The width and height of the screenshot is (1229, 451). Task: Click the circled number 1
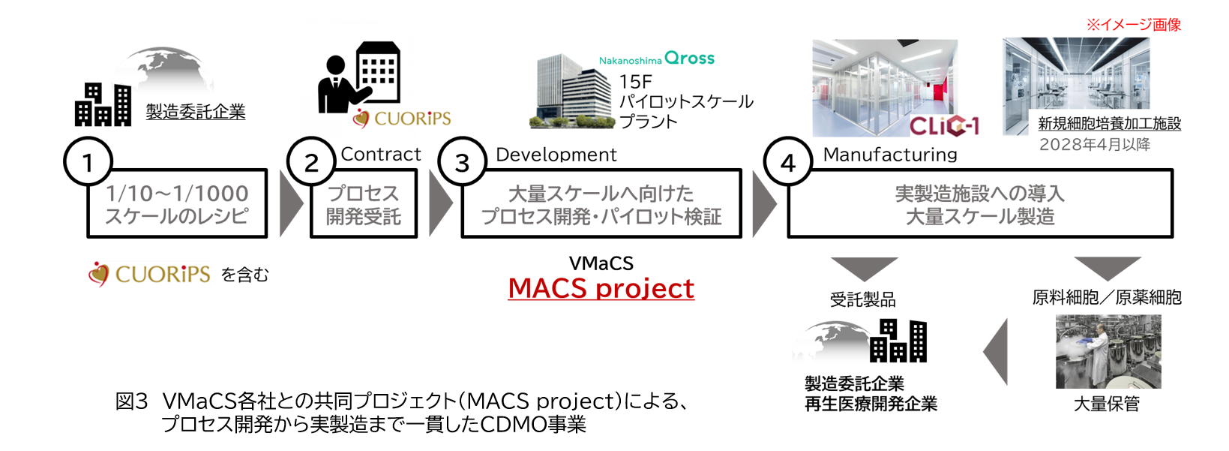click(x=88, y=161)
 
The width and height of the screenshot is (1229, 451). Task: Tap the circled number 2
click(x=311, y=161)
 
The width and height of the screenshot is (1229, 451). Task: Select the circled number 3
click(x=463, y=161)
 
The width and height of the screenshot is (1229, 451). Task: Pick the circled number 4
click(x=788, y=161)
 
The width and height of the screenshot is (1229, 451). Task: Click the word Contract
click(x=381, y=155)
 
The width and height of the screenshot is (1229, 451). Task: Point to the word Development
click(x=556, y=155)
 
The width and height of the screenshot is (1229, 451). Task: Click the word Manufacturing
click(x=890, y=155)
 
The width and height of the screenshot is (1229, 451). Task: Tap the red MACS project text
click(x=601, y=288)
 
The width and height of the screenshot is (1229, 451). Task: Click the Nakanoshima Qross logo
click(x=657, y=59)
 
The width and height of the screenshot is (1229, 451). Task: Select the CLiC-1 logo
click(x=944, y=125)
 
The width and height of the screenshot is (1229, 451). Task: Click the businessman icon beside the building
click(x=339, y=85)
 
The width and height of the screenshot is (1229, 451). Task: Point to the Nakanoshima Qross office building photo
click(x=571, y=92)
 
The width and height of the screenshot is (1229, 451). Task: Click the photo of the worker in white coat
click(x=1108, y=352)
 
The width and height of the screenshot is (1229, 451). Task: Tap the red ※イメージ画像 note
click(x=1134, y=25)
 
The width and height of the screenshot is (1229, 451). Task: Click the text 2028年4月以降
click(x=1095, y=145)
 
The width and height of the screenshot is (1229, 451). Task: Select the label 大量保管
click(x=1107, y=404)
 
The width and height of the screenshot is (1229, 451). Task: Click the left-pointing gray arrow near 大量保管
click(x=996, y=352)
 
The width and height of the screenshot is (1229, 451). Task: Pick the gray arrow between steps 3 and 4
click(x=764, y=204)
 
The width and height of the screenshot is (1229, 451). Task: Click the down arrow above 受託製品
click(x=864, y=269)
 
